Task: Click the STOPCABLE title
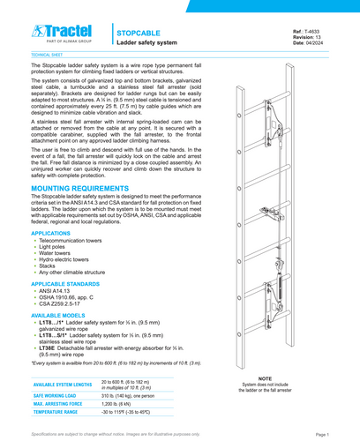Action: [139, 30]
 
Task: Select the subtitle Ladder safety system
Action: [147, 41]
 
